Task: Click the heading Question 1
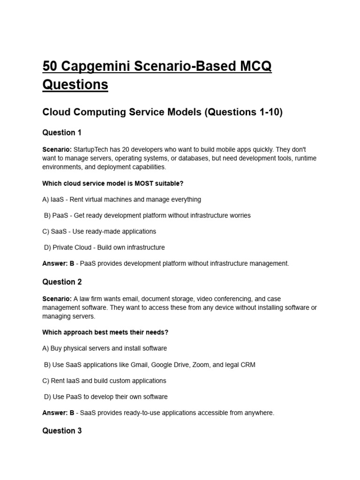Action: point(62,133)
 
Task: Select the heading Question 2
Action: point(62,282)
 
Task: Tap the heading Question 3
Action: point(62,431)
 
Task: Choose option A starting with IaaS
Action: point(121,199)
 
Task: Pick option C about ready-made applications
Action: point(99,231)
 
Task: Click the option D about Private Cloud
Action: point(104,247)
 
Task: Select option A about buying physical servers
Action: point(105,348)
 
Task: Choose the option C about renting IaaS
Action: point(104,381)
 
